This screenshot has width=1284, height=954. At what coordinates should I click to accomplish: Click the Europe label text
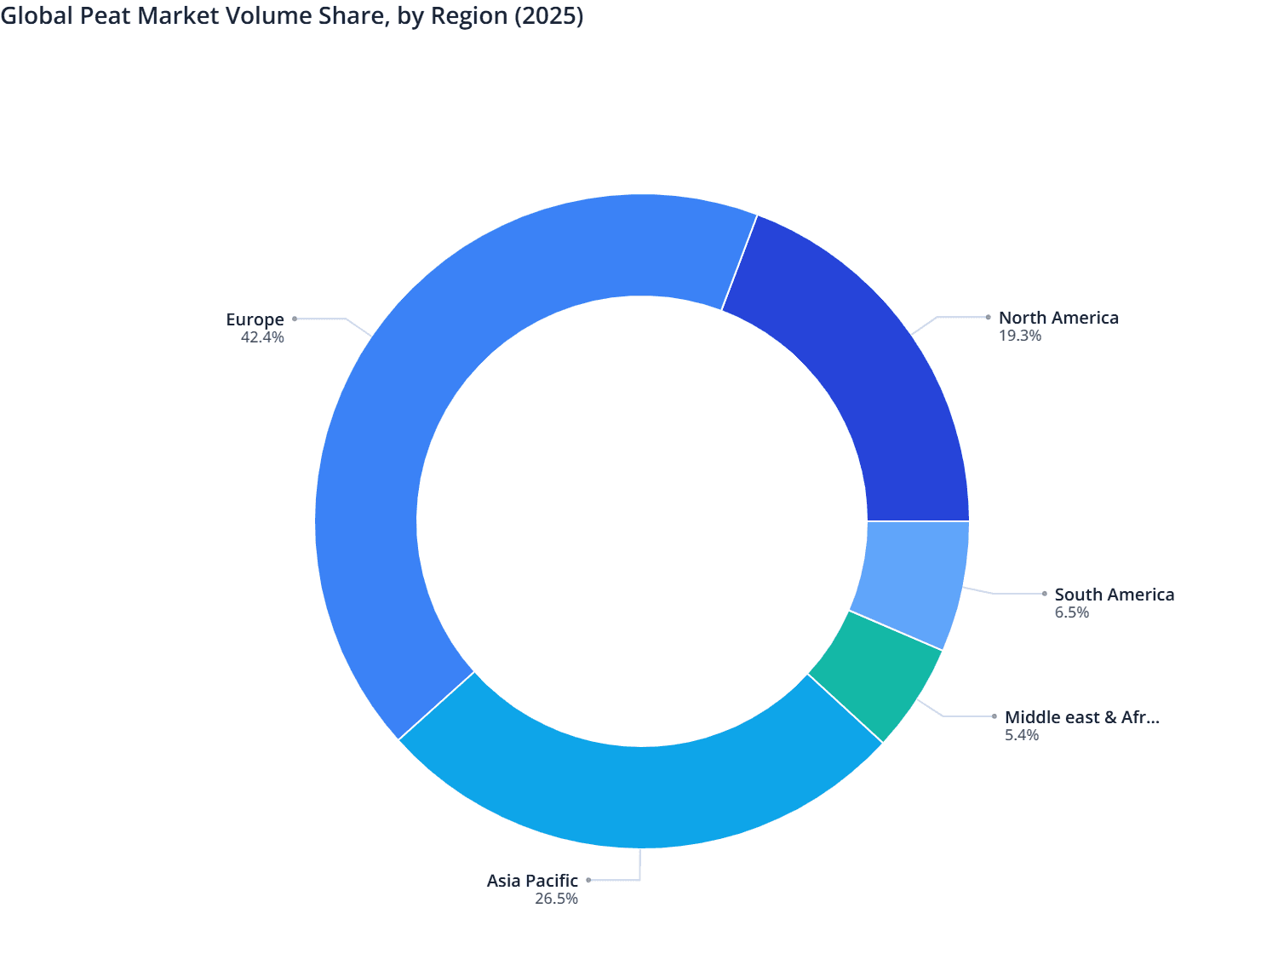pos(255,319)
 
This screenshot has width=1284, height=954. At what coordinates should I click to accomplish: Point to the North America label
pos(1058,318)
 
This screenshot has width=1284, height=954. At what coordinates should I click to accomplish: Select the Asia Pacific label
pos(532,881)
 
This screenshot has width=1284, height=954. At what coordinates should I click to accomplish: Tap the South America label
pos(1114,595)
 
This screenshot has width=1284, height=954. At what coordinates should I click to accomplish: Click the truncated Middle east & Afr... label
pos(1081,717)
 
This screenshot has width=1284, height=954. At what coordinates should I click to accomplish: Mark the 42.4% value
pos(262,337)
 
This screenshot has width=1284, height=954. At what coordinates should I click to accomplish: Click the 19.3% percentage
pos(1020,336)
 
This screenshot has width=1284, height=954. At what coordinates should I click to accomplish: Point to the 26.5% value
pos(556,899)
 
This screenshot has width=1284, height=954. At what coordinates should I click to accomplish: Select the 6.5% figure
pos(1072,612)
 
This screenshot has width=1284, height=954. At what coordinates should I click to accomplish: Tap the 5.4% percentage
pos(1022,735)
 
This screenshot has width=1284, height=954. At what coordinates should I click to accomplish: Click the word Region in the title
pos(469,16)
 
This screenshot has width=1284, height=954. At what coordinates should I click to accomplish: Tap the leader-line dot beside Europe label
pos(295,319)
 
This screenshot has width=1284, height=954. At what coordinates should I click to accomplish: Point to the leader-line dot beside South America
pos(1045,594)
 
